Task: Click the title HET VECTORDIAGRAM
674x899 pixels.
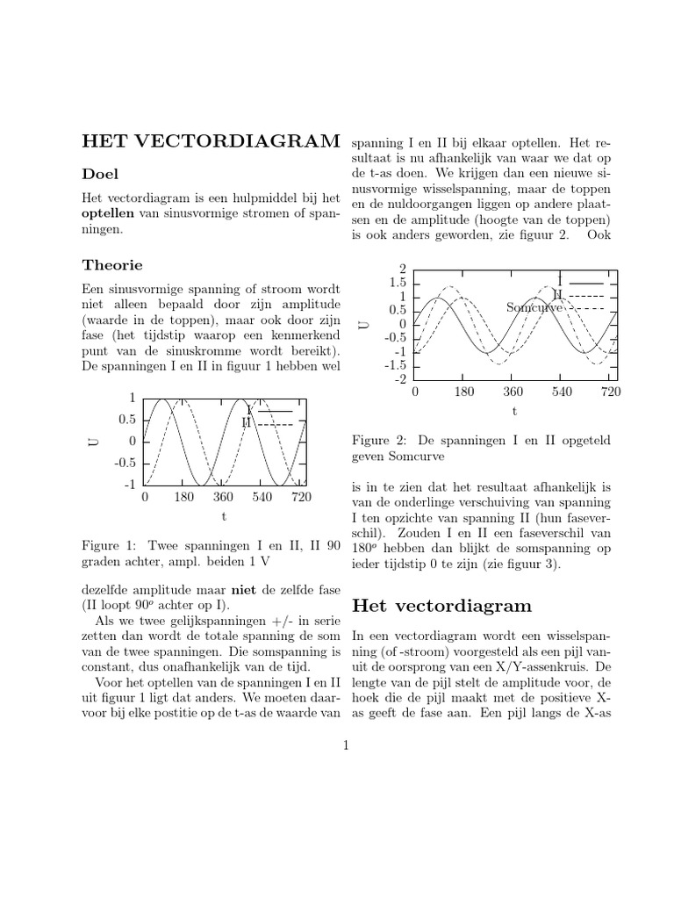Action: [210, 141]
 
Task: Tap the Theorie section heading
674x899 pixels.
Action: [112, 264]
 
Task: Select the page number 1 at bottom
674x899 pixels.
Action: [347, 746]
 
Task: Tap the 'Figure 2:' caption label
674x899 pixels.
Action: [378, 439]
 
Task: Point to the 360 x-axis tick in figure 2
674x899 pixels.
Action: [513, 392]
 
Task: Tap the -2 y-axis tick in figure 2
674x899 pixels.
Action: [400, 378]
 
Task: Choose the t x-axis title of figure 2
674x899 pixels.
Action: [514, 411]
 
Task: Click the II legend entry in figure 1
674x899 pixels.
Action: [247, 422]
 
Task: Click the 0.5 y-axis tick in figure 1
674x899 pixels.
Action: [127, 420]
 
